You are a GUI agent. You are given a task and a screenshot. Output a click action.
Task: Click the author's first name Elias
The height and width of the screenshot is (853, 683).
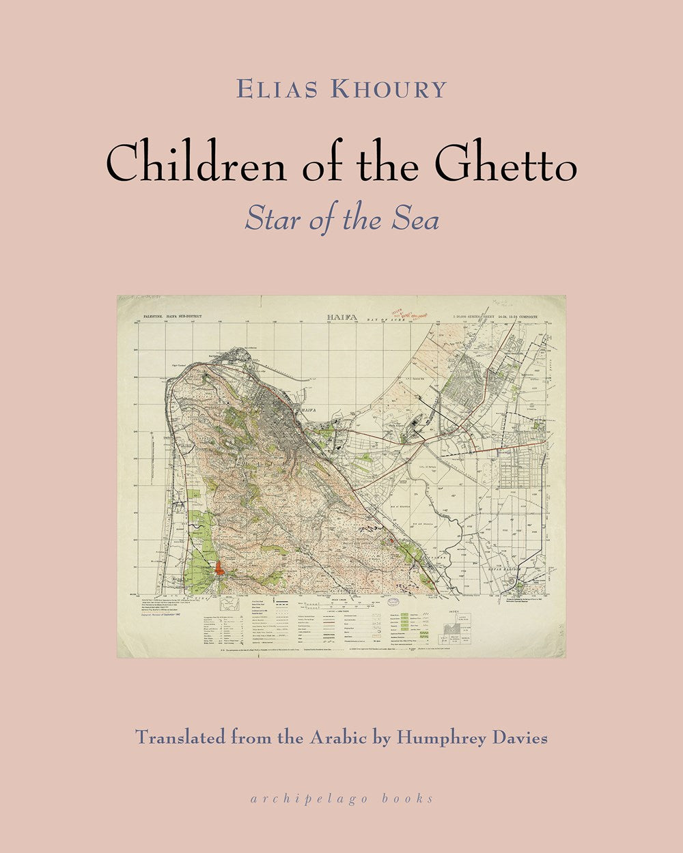[x=273, y=89]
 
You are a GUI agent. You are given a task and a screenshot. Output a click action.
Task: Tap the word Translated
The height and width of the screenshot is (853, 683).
[x=179, y=738]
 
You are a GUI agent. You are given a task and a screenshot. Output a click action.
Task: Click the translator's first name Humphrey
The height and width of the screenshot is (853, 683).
[x=436, y=739]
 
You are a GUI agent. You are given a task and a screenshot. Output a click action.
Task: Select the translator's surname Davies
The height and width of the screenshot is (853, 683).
[x=519, y=738]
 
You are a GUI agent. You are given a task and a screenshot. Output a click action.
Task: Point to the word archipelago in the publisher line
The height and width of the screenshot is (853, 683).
[x=326, y=798]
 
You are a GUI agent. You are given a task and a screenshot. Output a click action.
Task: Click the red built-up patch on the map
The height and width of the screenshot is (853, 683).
[x=219, y=568]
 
